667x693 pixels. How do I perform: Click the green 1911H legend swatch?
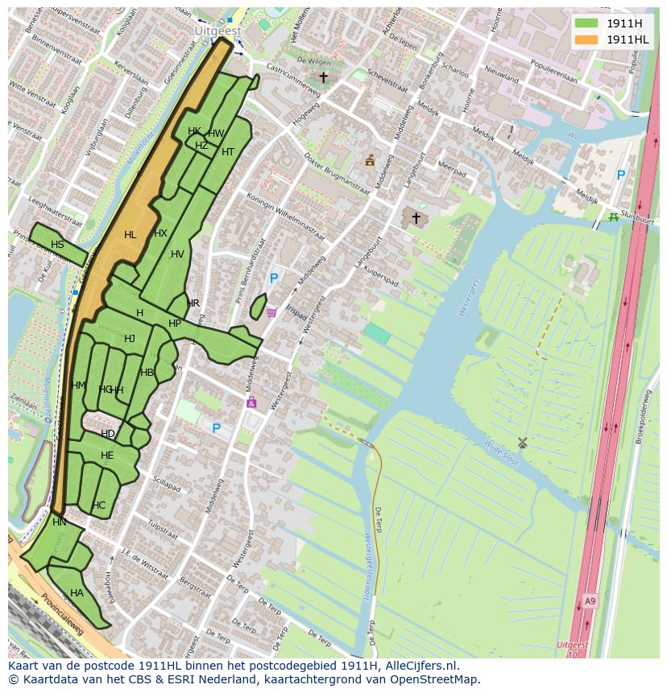coord(586,23)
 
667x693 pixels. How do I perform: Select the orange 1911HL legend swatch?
coord(586,39)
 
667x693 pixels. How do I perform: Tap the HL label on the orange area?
coord(130,235)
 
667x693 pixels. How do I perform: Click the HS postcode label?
coord(57,245)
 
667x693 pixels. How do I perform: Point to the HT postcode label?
coord(228,152)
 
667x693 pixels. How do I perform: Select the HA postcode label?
coord(77,593)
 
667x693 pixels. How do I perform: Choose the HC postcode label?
coord(98,505)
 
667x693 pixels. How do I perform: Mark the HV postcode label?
coord(177,254)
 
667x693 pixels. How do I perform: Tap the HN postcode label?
coord(60,522)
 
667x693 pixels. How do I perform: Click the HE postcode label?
coord(107,456)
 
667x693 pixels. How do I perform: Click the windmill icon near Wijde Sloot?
coord(521,442)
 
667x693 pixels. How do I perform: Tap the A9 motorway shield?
coord(590,600)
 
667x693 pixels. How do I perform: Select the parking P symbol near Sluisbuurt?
coord(620,175)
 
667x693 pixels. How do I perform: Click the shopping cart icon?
coord(271,312)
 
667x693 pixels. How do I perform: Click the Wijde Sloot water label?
coord(502,453)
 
